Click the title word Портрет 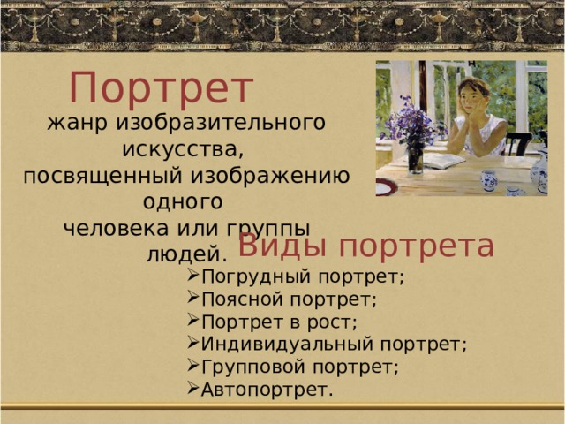click(x=162, y=88)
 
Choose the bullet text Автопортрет click(x=267, y=390)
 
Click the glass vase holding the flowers click(x=415, y=158)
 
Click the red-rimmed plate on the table click(x=383, y=187)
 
